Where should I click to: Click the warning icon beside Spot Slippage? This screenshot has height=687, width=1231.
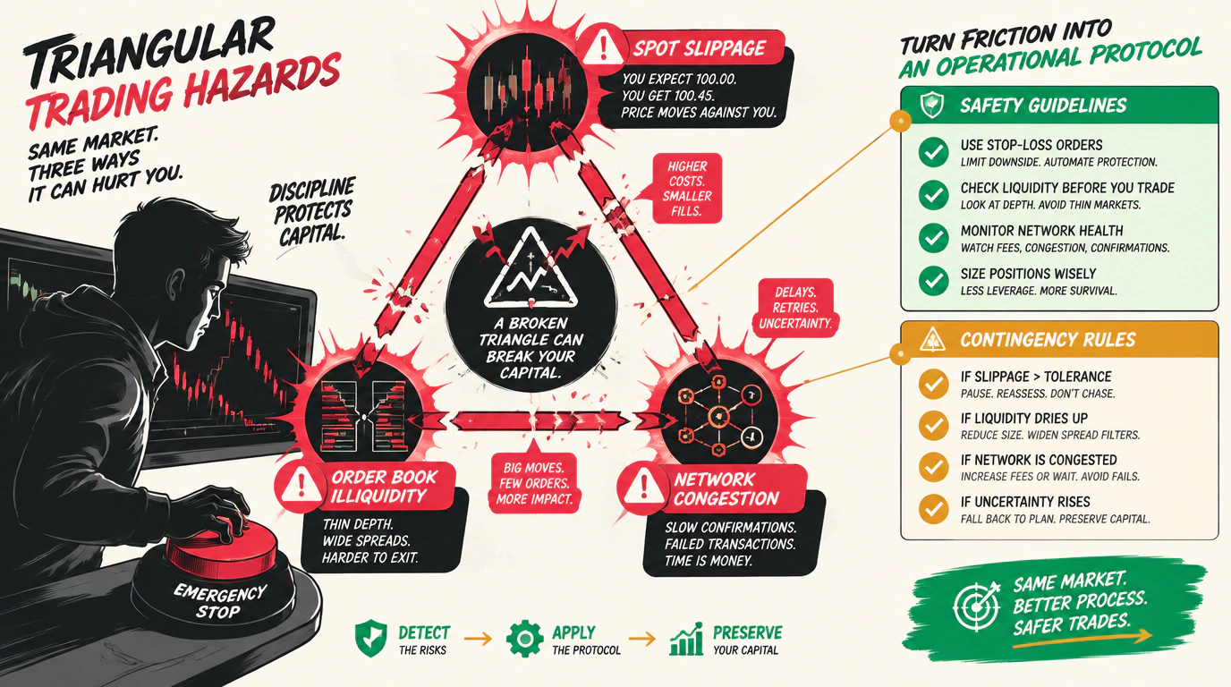603,47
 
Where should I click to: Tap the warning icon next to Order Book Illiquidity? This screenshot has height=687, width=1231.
301,484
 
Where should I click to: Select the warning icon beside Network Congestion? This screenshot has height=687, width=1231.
643,487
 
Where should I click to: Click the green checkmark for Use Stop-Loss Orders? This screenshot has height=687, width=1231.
933,152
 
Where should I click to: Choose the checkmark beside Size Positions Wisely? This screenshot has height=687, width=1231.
933,281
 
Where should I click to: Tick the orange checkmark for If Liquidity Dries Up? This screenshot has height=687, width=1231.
933,426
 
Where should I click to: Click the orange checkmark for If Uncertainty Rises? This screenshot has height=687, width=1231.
933,509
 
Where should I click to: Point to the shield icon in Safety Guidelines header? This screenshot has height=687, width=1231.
932,105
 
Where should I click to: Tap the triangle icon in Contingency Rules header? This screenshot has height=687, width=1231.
932,339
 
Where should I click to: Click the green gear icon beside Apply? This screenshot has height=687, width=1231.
525,640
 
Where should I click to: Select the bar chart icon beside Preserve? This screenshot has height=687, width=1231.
687,640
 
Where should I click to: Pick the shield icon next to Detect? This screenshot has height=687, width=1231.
371,639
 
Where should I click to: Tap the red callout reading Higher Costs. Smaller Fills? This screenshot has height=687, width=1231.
687,189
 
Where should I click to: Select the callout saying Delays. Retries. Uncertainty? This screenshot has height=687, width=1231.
795,308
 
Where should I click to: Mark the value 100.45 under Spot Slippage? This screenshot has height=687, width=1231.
694,96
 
